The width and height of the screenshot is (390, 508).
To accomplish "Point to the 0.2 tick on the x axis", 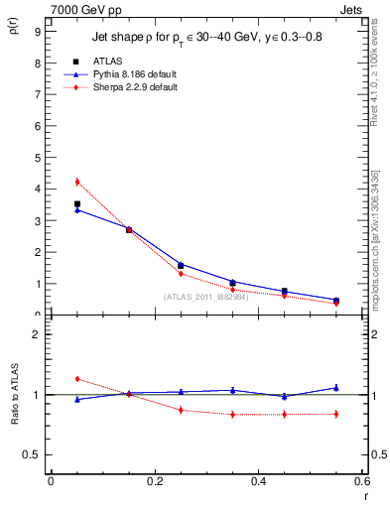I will tap(155, 481).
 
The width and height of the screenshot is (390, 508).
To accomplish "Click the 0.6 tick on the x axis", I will tap(362, 481).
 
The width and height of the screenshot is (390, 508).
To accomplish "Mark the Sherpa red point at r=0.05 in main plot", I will tap(76, 182).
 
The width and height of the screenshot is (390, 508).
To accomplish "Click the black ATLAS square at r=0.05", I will tap(76, 203).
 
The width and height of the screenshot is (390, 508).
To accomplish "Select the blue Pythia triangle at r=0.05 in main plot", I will tap(76, 210).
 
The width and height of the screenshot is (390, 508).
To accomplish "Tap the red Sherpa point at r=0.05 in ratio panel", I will tap(76, 379).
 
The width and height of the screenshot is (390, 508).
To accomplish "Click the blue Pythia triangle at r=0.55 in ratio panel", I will tap(336, 388).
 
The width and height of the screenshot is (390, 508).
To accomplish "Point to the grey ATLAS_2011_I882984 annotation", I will tap(205, 297).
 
